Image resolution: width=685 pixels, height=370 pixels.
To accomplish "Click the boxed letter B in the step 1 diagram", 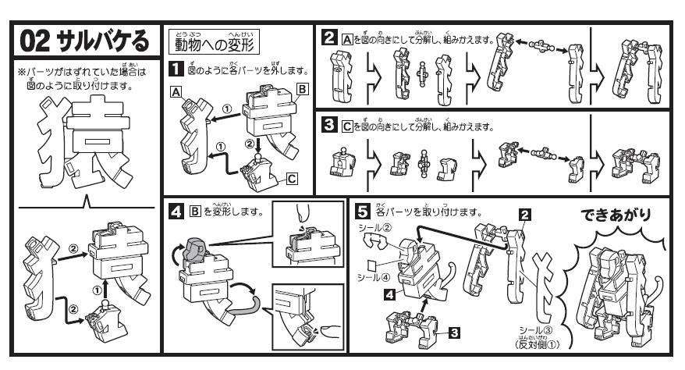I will [301, 90].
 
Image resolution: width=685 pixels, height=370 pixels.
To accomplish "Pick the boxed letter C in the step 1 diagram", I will [292, 179].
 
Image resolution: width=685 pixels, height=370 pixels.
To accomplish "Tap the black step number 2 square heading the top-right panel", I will [329, 36].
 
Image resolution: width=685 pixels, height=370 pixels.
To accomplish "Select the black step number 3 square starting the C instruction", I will [329, 125].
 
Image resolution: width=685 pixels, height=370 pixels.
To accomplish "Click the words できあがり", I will [622, 215].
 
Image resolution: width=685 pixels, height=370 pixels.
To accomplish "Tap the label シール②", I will [374, 229].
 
